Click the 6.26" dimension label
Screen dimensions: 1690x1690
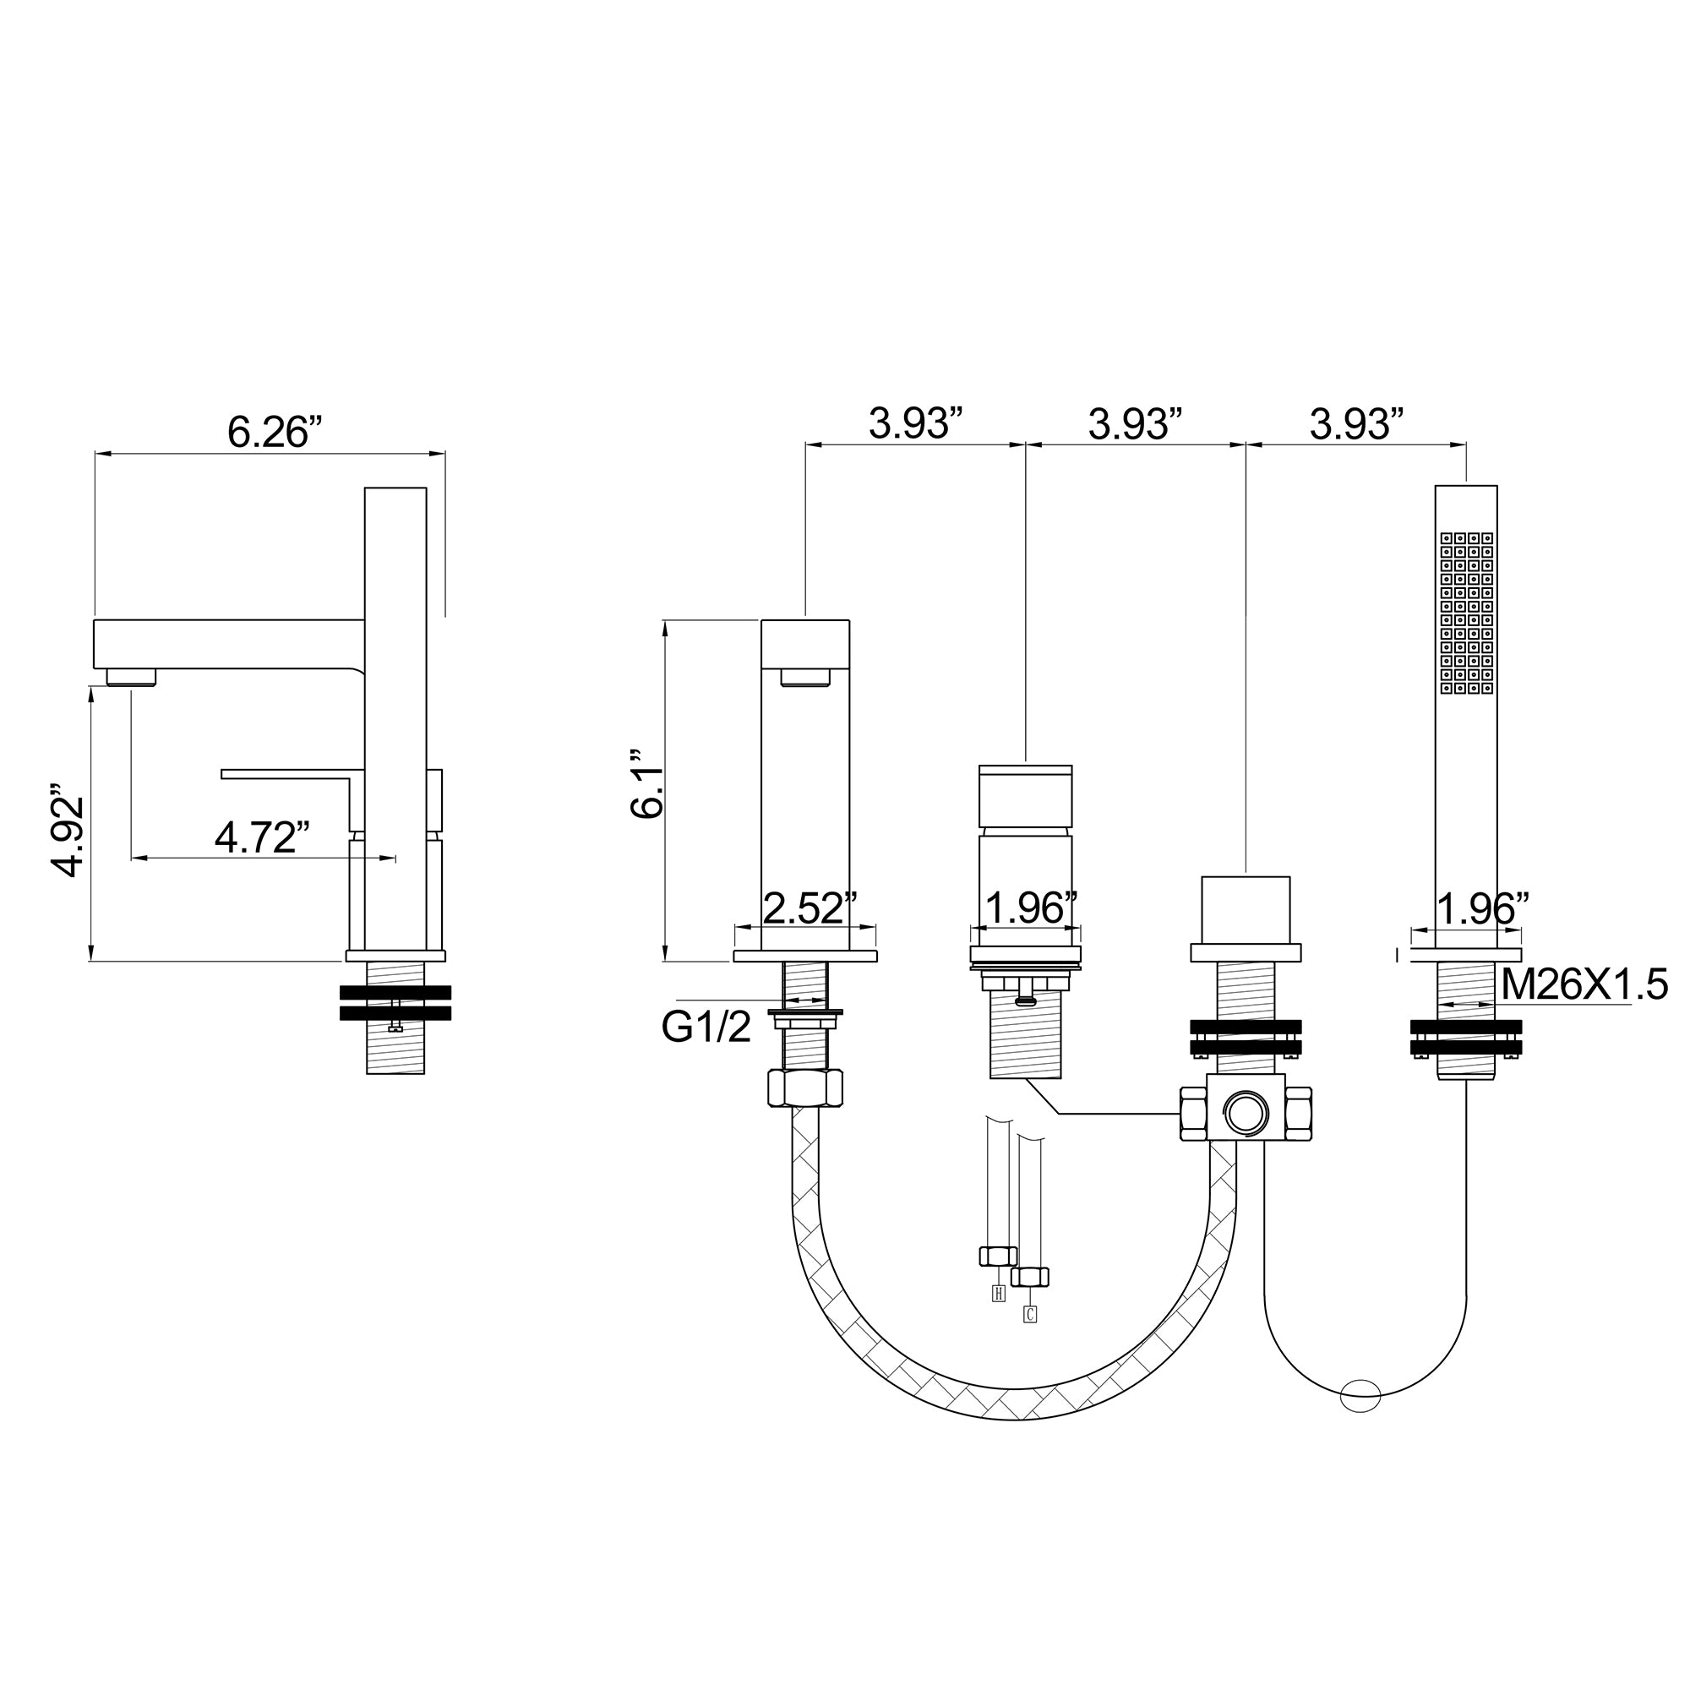pos(275,432)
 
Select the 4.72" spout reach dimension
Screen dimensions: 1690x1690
pos(263,837)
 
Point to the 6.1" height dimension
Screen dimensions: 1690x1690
pos(647,783)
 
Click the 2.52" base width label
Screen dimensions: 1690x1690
pos(810,908)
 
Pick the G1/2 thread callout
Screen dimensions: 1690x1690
pos(706,1027)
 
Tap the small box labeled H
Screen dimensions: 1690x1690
pos(999,1294)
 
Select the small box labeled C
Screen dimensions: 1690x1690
pos(1029,1314)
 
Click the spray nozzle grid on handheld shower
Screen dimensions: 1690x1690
pos(1466,613)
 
